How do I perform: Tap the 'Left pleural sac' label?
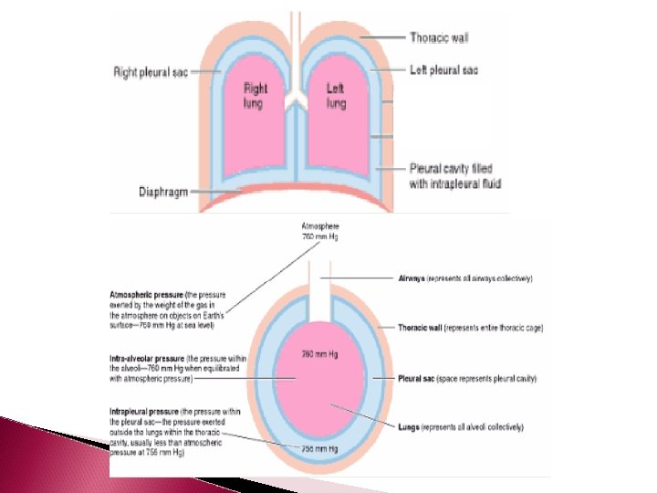point(445,69)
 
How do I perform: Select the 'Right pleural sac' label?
point(151,70)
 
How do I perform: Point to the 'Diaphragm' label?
point(163,192)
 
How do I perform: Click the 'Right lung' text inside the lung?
point(255,96)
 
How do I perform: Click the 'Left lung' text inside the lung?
point(337,96)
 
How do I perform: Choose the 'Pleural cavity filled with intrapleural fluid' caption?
point(455,176)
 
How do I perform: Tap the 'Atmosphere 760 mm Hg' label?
point(319,229)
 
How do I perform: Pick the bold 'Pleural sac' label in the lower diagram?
point(417,377)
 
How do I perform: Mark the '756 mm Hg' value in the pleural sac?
point(320,449)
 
